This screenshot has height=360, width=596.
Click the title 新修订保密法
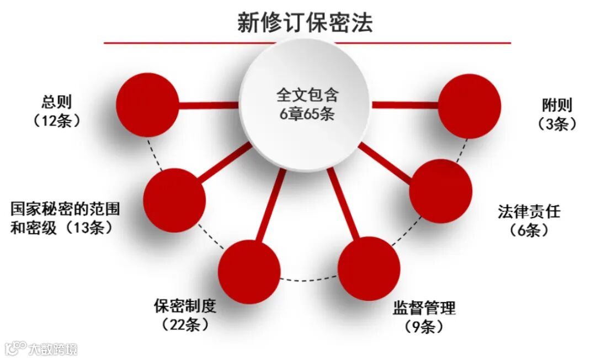[305, 23]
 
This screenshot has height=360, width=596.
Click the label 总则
[57, 102]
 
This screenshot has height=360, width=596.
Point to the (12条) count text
[57, 121]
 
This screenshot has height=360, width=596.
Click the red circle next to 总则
[148, 105]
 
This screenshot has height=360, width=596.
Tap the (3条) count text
[557, 124]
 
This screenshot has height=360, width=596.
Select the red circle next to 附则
[469, 105]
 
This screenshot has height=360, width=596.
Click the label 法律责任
[529, 211]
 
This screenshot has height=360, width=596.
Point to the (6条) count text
[529, 230]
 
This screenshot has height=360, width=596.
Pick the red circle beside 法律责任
[441, 190]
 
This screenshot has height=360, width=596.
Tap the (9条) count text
[424, 326]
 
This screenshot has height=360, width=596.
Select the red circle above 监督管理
[369, 269]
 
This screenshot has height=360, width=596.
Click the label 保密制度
[185, 306]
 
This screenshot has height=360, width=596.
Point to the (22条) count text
[185, 325]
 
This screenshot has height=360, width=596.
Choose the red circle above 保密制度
[249, 271]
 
